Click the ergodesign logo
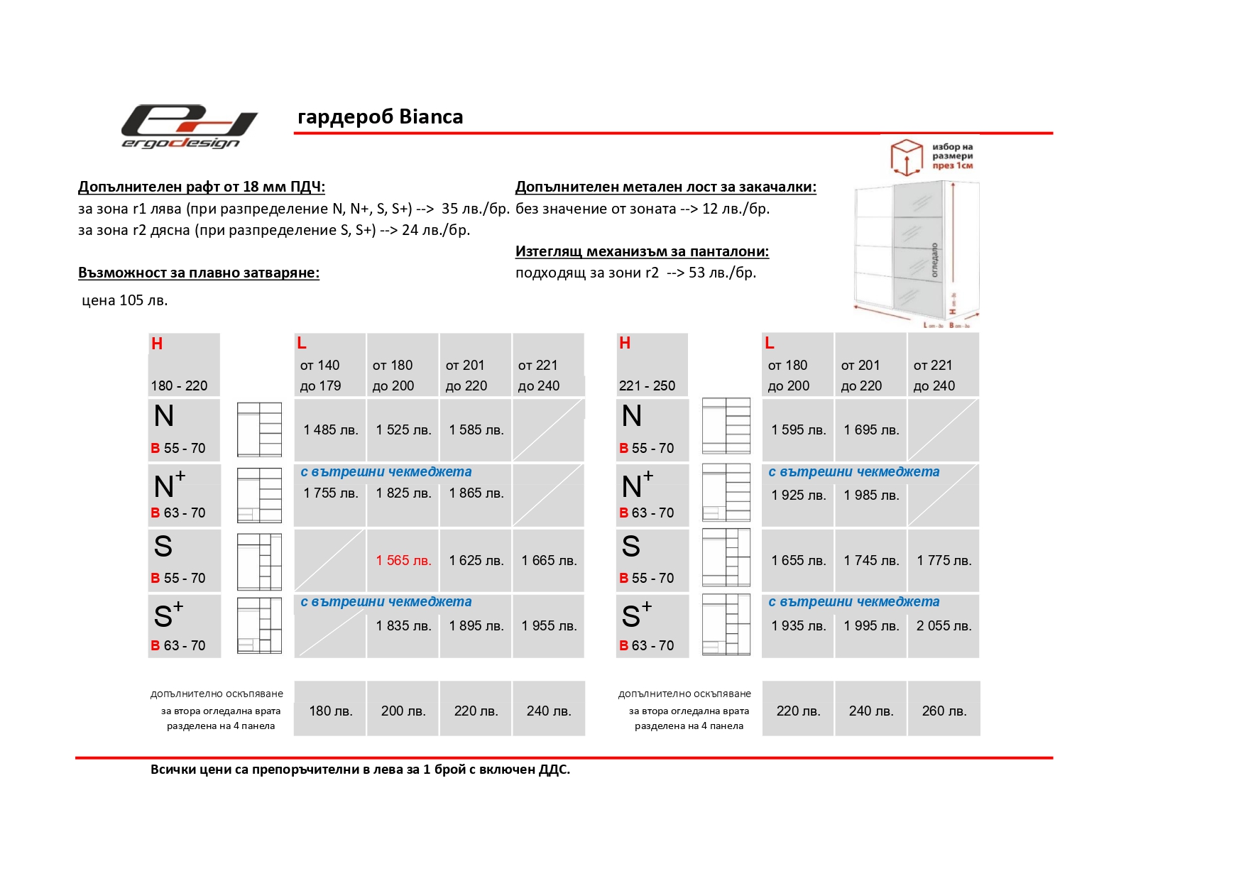tap(189, 127)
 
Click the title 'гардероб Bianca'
tap(380, 116)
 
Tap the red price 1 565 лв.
tap(403, 560)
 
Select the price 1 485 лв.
tap(330, 429)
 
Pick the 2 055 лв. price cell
tap(944, 625)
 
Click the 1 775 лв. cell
tap(944, 560)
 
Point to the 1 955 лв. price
tap(549, 625)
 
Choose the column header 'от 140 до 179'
tap(320, 376)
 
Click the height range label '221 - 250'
tap(647, 385)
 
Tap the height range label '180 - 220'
tap(179, 385)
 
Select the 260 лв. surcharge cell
tap(944, 711)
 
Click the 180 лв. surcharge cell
tap(330, 711)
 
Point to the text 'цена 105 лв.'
tap(125, 300)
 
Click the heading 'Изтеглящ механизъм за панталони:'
tap(642, 251)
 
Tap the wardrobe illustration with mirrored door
tap(915, 252)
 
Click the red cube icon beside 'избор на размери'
tap(906, 156)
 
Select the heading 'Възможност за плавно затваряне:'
tap(199, 273)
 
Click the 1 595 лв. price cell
tap(798, 429)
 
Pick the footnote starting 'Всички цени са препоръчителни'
tap(360, 770)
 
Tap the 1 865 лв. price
tap(476, 493)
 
